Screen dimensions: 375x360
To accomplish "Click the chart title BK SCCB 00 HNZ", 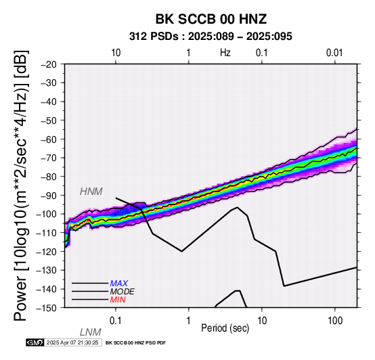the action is pos(211,19).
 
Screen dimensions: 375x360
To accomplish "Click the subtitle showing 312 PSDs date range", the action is pos(211,37).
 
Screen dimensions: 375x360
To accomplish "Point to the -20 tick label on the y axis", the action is pos(49,64).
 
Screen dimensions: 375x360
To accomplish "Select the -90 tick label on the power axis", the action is pos(49,196).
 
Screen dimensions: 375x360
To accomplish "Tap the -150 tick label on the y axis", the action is pos(47,308).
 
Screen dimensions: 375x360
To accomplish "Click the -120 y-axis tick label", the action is pos(47,252).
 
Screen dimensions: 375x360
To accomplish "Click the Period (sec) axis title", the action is pos(225,328).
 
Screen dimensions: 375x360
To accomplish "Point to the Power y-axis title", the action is pos(21,185).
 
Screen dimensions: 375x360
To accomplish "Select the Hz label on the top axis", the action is pos(225,53).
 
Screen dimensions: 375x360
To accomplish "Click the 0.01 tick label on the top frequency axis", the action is pos(334,53).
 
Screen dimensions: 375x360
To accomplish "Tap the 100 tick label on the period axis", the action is pos(335,321).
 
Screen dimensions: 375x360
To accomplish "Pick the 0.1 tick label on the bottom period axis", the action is pos(116,321).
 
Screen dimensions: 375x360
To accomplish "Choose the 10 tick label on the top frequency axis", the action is pos(116,53).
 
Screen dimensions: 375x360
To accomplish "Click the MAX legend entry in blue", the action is pos(119,284).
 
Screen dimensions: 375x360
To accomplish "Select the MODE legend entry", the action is pos(123,292).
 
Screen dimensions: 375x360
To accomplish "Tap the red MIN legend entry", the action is pos(118,300).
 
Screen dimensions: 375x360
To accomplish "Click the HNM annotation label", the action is pos(91,192).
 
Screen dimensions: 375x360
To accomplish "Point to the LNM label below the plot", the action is pos(91,332).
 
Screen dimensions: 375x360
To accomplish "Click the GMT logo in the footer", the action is pos(35,342).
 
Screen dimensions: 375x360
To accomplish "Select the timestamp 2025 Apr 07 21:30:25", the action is pos(72,342).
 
